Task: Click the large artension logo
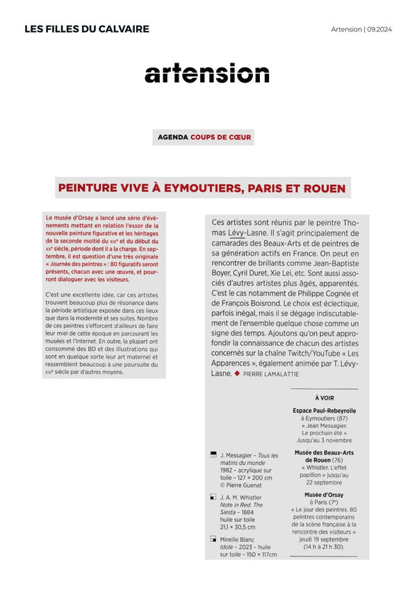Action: pyautogui.click(x=206, y=73)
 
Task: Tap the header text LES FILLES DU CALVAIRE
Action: pyautogui.click(x=87, y=29)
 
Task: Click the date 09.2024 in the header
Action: pyautogui.click(x=379, y=29)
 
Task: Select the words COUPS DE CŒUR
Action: pyautogui.click(x=221, y=137)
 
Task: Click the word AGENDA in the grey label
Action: pyautogui.click(x=172, y=137)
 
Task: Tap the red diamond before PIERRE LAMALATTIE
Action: pyautogui.click(x=237, y=373)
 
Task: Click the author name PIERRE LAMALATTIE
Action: pyautogui.click(x=274, y=374)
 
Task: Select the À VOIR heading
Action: pyautogui.click(x=324, y=398)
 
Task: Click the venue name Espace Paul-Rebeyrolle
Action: pyautogui.click(x=324, y=411)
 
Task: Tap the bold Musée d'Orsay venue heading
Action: pyautogui.click(x=324, y=495)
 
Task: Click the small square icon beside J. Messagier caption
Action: pyautogui.click(x=213, y=454)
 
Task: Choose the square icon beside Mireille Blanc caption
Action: pyautogui.click(x=213, y=539)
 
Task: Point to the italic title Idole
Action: pyautogui.click(x=229, y=547)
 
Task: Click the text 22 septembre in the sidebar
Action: pyautogui.click(x=324, y=482)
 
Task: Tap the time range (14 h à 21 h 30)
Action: pyautogui.click(x=324, y=547)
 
